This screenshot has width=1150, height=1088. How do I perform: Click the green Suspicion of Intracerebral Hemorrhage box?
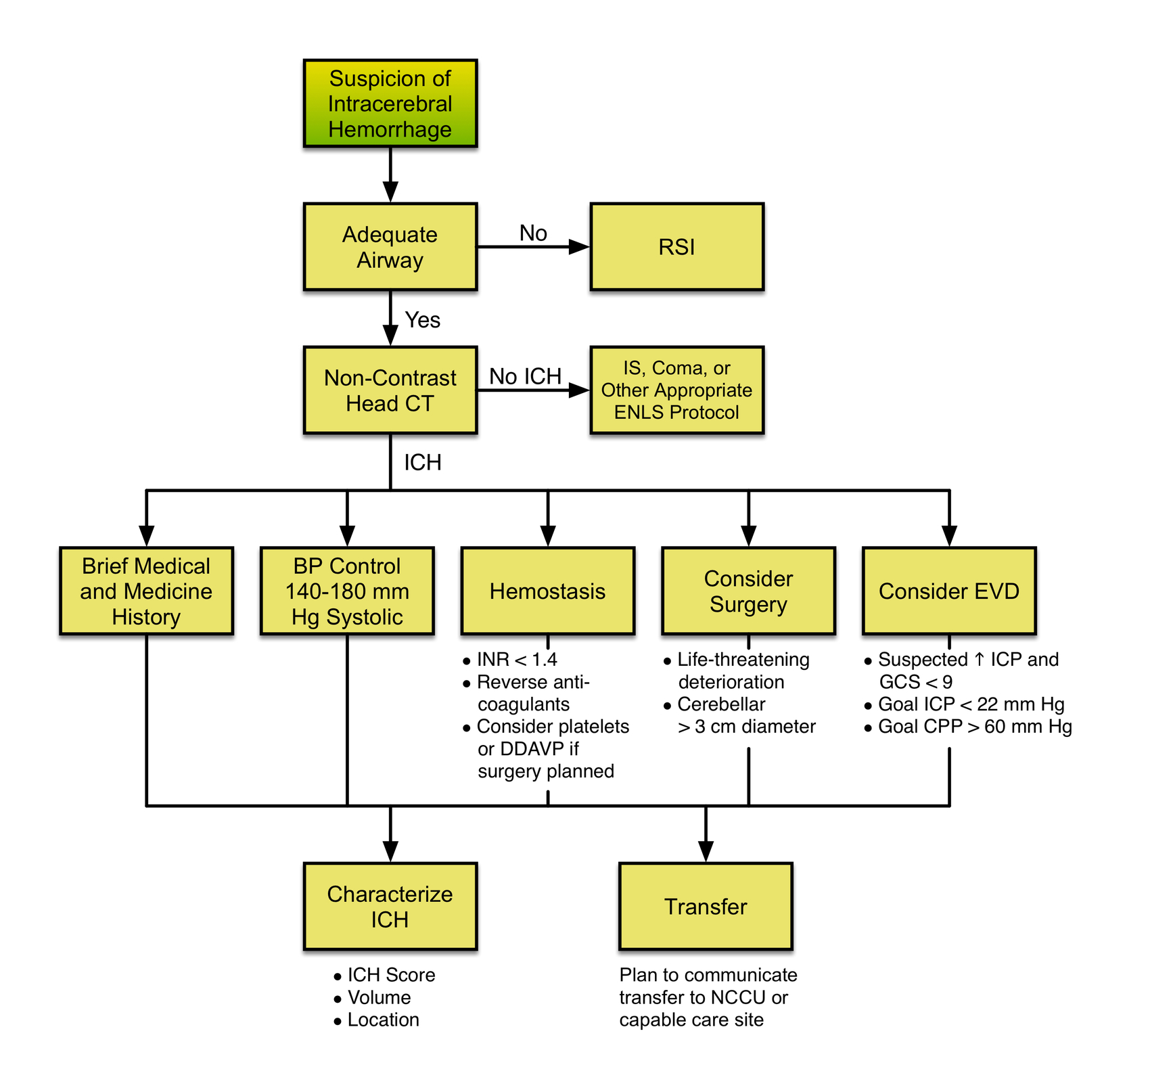[390, 104]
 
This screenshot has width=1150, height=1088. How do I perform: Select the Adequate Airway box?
[390, 247]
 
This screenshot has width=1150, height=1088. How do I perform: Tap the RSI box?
[676, 247]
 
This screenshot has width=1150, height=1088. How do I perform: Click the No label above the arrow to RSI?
[533, 233]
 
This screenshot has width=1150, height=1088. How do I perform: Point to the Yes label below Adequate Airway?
[422, 320]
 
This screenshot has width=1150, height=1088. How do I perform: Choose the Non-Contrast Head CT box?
[390, 390]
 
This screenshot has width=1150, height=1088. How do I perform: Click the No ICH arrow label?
[525, 376]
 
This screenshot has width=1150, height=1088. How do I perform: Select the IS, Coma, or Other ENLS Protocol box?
[676, 390]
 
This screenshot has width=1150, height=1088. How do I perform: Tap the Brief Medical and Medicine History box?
[146, 591]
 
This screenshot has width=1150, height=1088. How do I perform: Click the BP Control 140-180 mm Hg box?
[347, 591]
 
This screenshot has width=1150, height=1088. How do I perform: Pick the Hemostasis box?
[547, 591]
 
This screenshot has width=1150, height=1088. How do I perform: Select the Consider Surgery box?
[748, 591]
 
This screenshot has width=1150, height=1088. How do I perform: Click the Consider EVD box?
[948, 591]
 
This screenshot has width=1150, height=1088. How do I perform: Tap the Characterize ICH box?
[390, 906]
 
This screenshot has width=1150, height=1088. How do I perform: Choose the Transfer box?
[706, 906]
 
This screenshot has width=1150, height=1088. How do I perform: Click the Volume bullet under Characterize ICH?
[379, 997]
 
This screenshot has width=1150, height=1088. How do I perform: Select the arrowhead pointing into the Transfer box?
[706, 851]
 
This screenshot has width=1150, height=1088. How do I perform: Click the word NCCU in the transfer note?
[738, 997]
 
